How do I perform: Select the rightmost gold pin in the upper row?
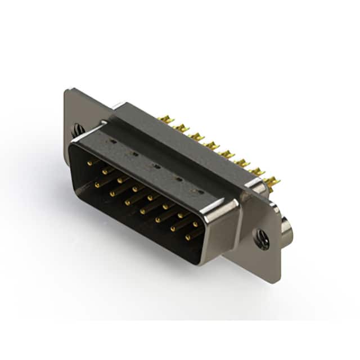195,224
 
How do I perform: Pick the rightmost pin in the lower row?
187,237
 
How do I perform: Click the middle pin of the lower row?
143,211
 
